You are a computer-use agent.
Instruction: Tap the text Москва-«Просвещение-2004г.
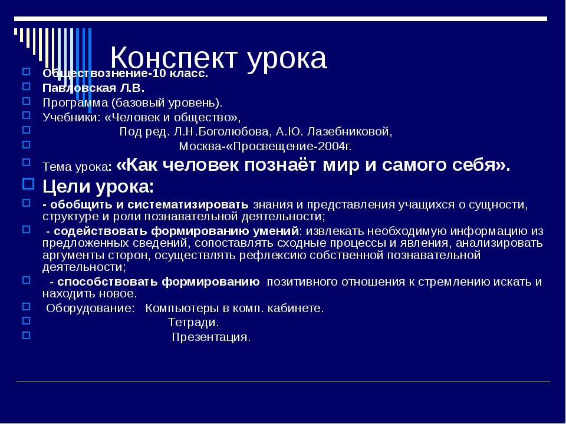point(265,146)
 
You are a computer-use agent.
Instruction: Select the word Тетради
point(193,323)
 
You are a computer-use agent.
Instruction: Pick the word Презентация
point(211,337)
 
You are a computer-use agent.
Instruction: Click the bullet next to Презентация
point(25,335)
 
